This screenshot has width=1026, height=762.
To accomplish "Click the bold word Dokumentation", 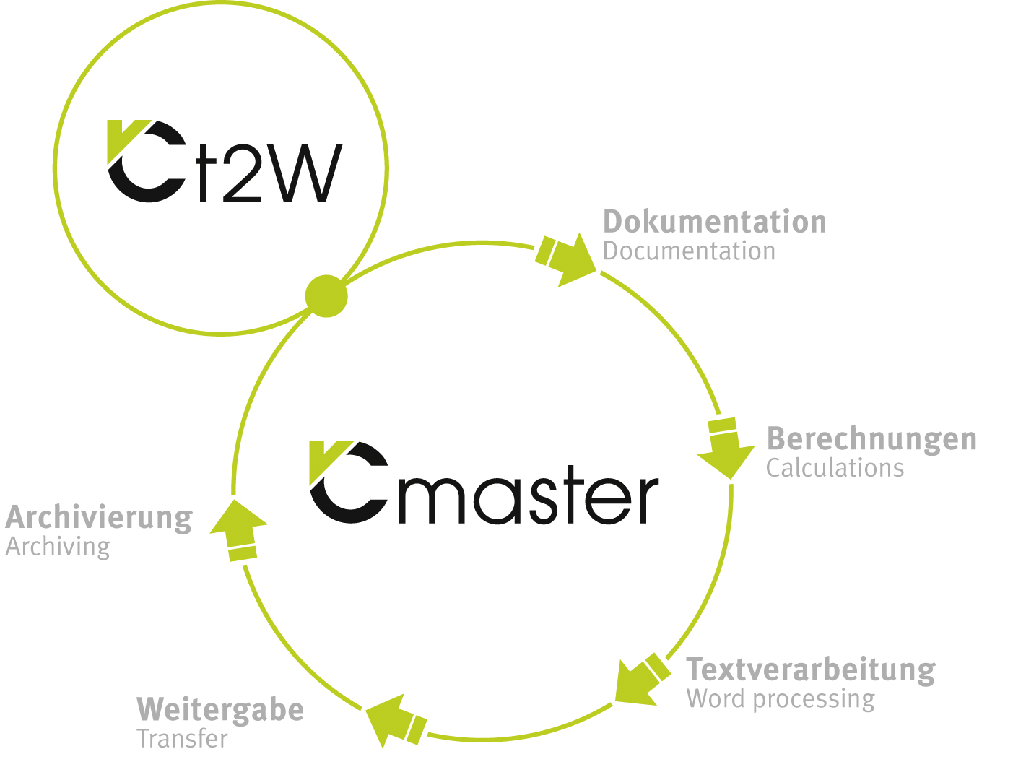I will point(714,222).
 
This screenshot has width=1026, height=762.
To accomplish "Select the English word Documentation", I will point(689,251).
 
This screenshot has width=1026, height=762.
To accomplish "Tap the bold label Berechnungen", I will point(871,439).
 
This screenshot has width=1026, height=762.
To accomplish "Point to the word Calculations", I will point(835,468).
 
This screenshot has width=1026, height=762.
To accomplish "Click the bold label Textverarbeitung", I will point(810,670).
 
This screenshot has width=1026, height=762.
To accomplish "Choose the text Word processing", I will point(780,699).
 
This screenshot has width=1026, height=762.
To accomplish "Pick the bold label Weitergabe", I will point(220,710).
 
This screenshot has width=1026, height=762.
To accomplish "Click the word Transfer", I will point(182,739).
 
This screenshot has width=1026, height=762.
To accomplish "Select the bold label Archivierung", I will point(99,519).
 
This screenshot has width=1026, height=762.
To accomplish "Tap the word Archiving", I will point(58,547).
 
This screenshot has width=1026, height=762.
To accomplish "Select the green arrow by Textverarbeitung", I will point(638,680).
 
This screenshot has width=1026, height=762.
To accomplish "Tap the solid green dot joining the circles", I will point(326,296).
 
